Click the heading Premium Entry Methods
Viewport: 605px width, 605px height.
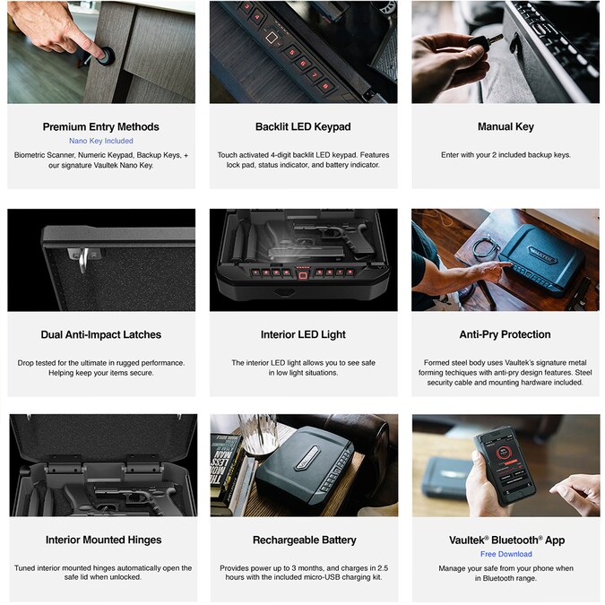coord(100,127)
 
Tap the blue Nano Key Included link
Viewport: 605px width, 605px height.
coord(101,141)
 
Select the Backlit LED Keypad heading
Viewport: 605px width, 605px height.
coord(303,127)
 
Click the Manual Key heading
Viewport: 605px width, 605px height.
coord(506,127)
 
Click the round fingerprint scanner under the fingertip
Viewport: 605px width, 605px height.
coord(107,56)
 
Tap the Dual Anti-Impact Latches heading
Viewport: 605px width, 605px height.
coord(100,334)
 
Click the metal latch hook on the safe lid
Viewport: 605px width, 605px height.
coord(83,258)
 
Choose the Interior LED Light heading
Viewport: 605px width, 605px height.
coord(303,334)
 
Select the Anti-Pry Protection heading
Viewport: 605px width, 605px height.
coord(505,334)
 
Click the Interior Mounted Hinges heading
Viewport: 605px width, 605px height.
coord(103,540)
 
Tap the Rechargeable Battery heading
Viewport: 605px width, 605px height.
coord(304,540)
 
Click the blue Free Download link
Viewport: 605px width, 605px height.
coord(506,554)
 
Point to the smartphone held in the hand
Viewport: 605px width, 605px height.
coord(505,466)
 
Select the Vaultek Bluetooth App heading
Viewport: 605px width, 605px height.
coord(506,540)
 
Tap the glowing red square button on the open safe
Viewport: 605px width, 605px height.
coord(303,275)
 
